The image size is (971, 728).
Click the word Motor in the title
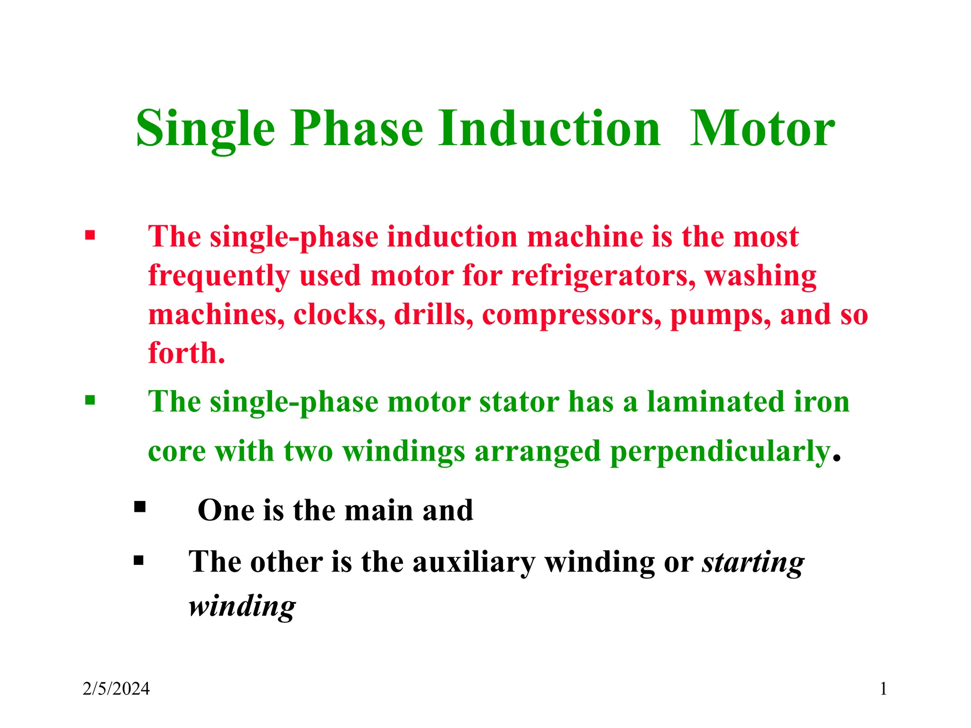762,129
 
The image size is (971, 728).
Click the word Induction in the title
549,129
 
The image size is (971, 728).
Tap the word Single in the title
205,129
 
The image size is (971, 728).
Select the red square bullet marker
90,235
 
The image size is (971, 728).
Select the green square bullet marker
90,400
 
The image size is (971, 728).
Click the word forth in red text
183,354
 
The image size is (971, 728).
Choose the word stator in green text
519,402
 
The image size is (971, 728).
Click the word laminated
715,402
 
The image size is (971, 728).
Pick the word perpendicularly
721,452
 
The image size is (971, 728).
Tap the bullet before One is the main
139,507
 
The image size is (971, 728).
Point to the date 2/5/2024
116,689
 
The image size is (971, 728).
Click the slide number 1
883,689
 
